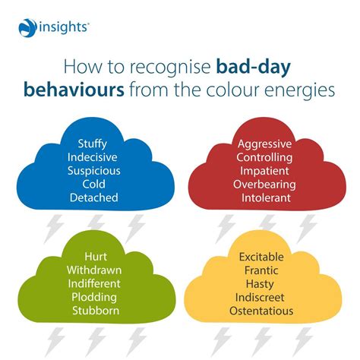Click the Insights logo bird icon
coord(27,28)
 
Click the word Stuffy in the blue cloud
coord(92,143)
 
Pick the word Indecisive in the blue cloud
coord(92,156)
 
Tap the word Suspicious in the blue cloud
coord(92,170)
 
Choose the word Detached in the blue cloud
coord(92,197)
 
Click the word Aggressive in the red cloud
coord(266,144)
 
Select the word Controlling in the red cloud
coord(266,157)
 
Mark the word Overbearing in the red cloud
coord(266,185)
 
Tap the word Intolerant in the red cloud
coord(266,198)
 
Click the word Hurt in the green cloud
coord(92,257)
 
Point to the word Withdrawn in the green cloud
coord(92,270)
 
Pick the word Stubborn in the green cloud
coord(92,311)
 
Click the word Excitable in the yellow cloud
coord(266,257)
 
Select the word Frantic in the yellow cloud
coord(266,271)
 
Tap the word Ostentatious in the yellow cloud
coord(266,312)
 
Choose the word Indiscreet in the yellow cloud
coord(266,298)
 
